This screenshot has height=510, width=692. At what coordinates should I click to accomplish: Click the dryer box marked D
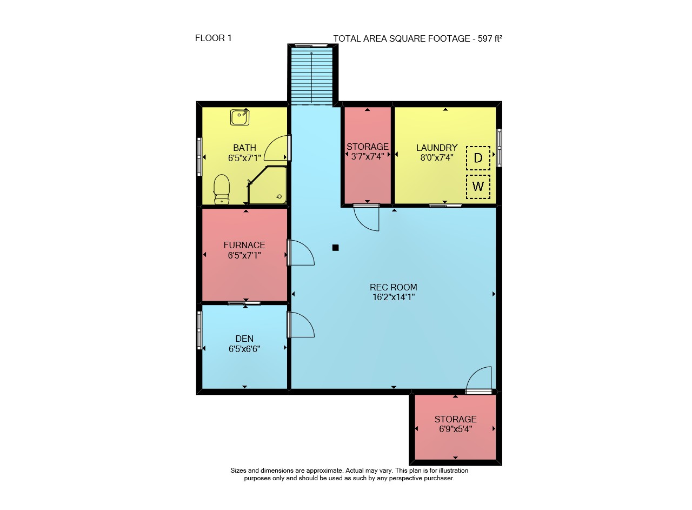[x=478, y=158]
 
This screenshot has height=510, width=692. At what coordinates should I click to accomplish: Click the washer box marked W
[x=478, y=187]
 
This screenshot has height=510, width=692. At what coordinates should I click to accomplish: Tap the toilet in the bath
[x=222, y=189]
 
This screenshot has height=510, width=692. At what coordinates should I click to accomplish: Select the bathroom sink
[x=239, y=117]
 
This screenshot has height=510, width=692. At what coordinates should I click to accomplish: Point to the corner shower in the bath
[x=267, y=185]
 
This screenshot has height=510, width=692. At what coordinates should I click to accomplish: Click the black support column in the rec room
[x=336, y=247]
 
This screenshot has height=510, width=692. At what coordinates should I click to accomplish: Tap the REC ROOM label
[x=393, y=287]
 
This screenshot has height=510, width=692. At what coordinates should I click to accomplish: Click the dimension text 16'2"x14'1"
[x=393, y=297]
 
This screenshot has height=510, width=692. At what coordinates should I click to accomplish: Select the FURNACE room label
[x=244, y=245]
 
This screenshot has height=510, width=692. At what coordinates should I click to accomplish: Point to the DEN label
[x=244, y=339]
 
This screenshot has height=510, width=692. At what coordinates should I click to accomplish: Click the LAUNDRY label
[x=437, y=148]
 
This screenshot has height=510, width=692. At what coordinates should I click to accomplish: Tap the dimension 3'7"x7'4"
[x=367, y=156]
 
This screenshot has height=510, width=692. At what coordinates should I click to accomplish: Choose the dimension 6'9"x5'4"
[x=455, y=429]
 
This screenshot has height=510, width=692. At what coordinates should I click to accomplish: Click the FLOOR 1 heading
[x=213, y=38]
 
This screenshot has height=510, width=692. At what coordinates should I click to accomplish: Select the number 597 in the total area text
[x=484, y=38]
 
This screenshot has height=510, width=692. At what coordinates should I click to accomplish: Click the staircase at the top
[x=311, y=76]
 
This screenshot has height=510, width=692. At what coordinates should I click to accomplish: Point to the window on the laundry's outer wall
[x=499, y=148]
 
